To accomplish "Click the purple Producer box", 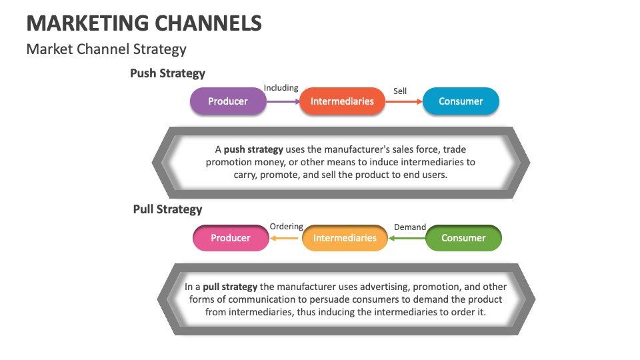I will [228, 101].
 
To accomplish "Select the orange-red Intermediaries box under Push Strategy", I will [342, 101].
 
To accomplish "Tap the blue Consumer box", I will [461, 101].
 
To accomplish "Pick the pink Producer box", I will [231, 238].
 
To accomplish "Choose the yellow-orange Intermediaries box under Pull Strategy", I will [345, 238].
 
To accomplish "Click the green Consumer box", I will [463, 238].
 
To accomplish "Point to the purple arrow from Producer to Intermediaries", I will [283, 101].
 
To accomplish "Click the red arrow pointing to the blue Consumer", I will [404, 101].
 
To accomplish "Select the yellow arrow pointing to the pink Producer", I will [285, 238].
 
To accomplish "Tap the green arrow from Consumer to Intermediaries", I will [407, 238].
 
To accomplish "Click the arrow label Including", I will [281, 88].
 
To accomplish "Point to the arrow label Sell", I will [400, 91].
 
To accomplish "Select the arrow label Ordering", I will [286, 227].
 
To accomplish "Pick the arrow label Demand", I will [410, 227].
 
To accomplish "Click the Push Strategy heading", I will [167, 73].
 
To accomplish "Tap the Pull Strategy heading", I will [167, 209].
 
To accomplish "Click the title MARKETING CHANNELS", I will [144, 24].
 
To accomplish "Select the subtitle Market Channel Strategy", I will [107, 49].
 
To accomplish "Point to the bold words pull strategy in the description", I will [230, 287].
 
